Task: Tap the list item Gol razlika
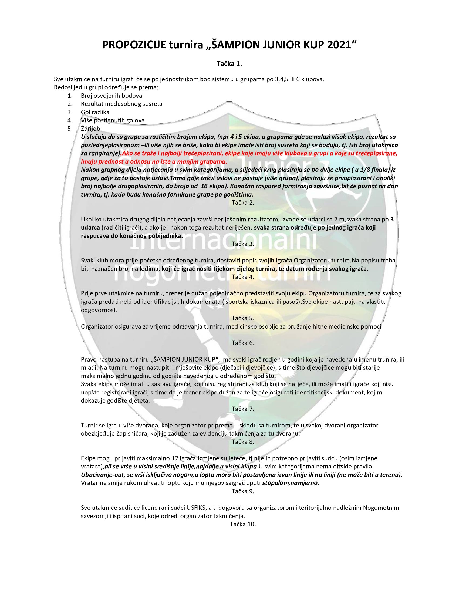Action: coord(95,112)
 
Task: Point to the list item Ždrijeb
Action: coord(90,128)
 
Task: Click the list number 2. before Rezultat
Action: coord(70,104)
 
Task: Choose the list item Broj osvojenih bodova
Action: coord(111,96)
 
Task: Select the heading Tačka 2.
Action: coord(243,202)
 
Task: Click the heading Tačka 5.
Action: coord(243,318)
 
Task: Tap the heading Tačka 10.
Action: coord(243,524)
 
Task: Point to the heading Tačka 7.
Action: coord(243,409)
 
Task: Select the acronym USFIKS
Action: coord(197,508)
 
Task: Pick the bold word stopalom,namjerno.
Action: coord(291,483)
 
